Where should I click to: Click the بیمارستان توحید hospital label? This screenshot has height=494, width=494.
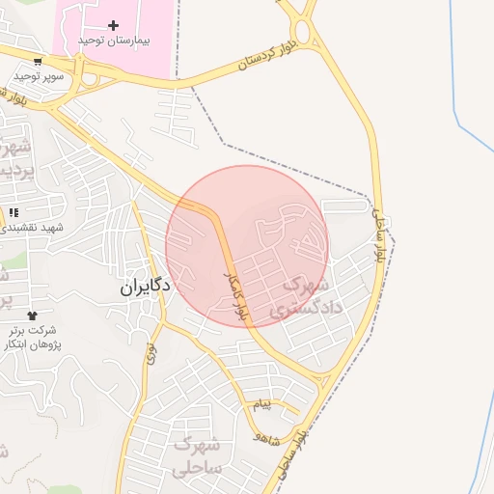112,41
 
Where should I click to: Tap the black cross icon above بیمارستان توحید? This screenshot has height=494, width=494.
113,24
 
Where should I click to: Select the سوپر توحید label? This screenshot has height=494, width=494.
39,75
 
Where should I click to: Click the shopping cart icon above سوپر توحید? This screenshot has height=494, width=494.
38,61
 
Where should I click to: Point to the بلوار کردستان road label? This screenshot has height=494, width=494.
269,56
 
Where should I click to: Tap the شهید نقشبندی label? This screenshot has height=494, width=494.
32,228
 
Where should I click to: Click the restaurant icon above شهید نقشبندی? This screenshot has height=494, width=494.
14,212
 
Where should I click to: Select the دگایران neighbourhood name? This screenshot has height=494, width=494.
145,287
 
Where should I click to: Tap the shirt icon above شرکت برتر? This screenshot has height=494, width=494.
32,316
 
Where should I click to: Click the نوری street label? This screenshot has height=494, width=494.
151,352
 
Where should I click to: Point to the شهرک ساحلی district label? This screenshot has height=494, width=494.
198,455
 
